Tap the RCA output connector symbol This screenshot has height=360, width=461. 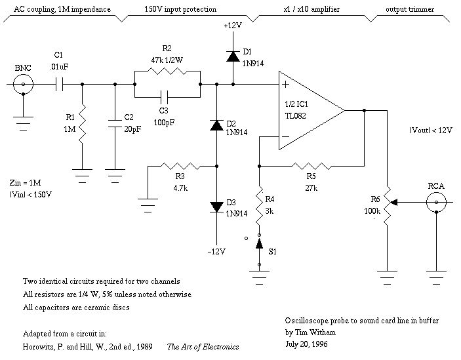(x=435, y=204)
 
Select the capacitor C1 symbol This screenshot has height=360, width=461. (x=59, y=84)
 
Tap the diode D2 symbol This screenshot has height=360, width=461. (x=216, y=125)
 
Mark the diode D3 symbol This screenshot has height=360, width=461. (x=216, y=207)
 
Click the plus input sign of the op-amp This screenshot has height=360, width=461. (x=286, y=85)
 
